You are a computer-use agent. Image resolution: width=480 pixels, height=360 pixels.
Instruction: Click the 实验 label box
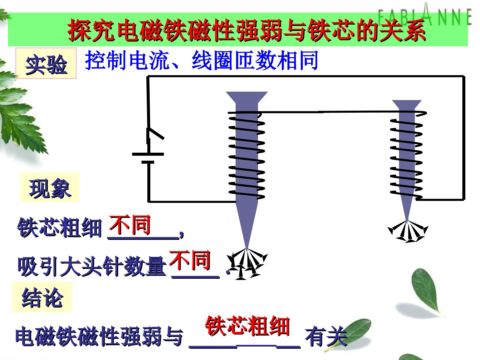pyautogui.click(x=46, y=63)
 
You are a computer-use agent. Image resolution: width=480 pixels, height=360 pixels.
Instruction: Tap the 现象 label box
pyautogui.click(x=50, y=187)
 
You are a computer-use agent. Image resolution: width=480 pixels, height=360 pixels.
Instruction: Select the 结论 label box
pyautogui.click(x=42, y=297)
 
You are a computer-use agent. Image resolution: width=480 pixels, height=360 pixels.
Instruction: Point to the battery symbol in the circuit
pyautogui.click(x=148, y=158)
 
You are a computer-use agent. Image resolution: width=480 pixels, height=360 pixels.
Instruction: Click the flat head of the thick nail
pyautogui.click(x=247, y=97)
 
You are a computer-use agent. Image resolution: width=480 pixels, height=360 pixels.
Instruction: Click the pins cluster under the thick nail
pyautogui.click(x=247, y=264)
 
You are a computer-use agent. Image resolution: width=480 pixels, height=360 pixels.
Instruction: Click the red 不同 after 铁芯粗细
pyautogui.click(x=130, y=225)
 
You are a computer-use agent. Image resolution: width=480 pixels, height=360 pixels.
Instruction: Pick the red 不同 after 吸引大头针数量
pyautogui.click(x=190, y=261)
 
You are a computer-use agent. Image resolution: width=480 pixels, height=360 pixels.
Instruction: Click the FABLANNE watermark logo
pyautogui.click(x=425, y=15)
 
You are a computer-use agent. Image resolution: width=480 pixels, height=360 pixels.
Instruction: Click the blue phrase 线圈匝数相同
pyautogui.click(x=255, y=60)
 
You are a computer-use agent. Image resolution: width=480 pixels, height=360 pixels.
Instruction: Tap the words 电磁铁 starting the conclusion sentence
pyautogui.click(x=46, y=336)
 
